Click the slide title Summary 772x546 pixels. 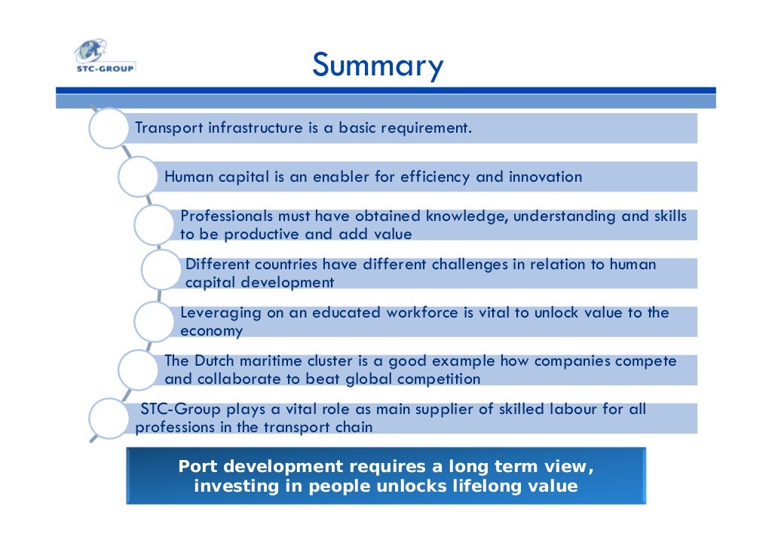(x=378, y=66)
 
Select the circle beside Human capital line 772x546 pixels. (x=138, y=177)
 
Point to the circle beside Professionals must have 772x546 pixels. (x=155, y=225)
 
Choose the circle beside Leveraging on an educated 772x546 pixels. (x=155, y=321)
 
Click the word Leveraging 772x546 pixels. (x=220, y=313)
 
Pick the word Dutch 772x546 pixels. (x=213, y=361)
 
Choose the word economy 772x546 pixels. (x=211, y=331)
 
